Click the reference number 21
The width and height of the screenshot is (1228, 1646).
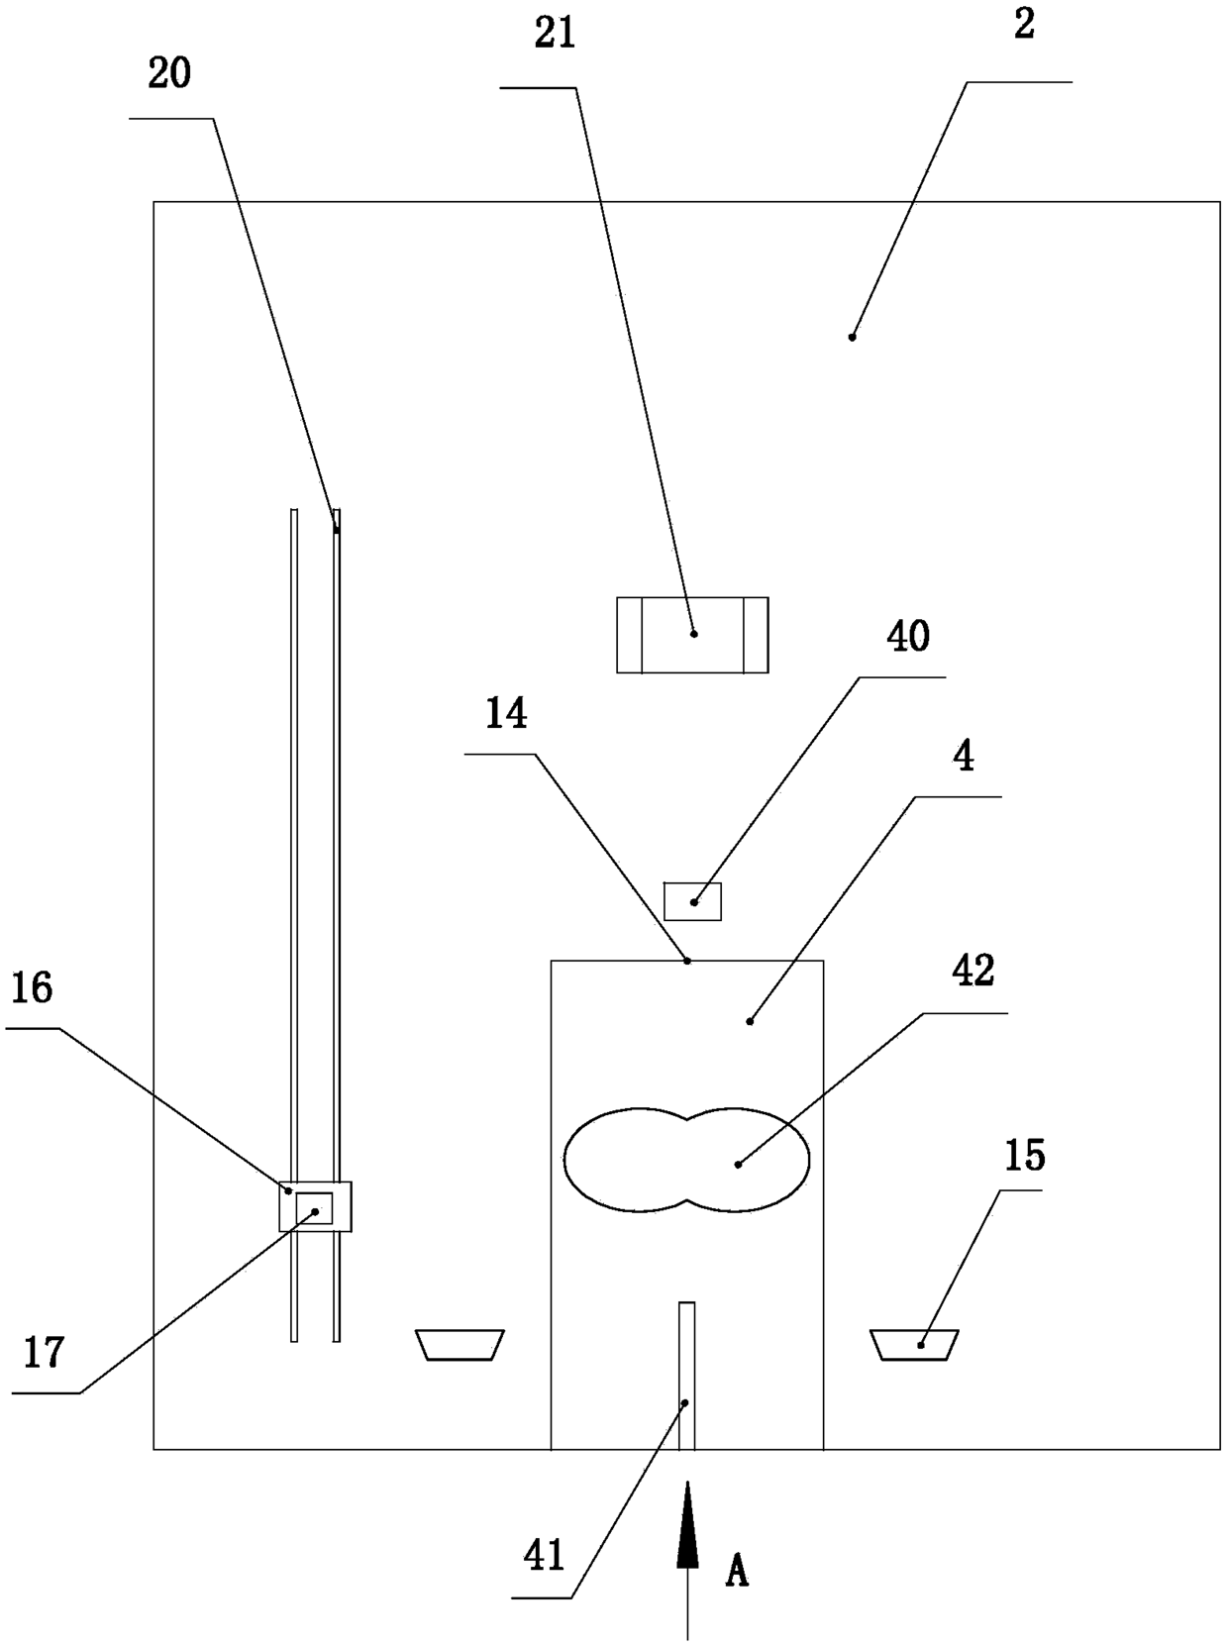(555, 35)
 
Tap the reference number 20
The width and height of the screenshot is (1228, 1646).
(169, 74)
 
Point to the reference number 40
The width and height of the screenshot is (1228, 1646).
(907, 637)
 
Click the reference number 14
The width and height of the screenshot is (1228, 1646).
(506, 714)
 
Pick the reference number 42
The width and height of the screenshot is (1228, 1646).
(972, 972)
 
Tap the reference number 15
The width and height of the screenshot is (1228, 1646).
(1024, 1155)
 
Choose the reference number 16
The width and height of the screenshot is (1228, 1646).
(32, 988)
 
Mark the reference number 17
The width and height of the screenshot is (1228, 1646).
(44, 1352)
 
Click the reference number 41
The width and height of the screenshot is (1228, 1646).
(544, 1555)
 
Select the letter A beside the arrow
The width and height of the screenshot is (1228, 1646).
(736, 1571)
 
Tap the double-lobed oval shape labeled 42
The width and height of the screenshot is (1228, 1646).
(686, 1160)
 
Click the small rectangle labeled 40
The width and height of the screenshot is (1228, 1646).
(692, 901)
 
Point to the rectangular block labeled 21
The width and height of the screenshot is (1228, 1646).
(692, 635)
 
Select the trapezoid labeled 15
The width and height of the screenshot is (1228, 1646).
(914, 1344)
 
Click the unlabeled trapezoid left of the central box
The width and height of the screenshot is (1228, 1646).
(460, 1344)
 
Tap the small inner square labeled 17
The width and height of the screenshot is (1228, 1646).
(314, 1208)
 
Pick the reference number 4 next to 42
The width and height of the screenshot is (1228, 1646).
(963, 757)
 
